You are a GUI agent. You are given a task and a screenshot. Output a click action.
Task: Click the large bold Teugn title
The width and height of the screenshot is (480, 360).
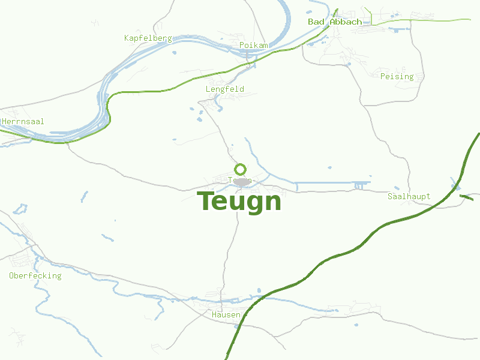pos(239,201)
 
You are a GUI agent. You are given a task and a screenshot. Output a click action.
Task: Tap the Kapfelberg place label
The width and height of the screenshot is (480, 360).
pos(148,38)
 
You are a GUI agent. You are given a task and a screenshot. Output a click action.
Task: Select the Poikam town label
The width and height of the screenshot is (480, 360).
pos(253,46)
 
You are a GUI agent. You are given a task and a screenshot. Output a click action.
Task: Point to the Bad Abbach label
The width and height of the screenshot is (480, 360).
pos(335,22)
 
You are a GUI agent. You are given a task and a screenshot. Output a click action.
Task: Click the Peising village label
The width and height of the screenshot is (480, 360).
pos(397,76)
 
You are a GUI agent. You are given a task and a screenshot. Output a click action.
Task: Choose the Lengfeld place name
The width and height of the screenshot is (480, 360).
pos(224,89)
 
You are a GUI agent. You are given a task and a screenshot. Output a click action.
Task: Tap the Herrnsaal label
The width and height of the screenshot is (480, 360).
pos(23,121)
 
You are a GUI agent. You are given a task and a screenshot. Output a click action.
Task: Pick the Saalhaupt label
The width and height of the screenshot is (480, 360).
pos(409,196)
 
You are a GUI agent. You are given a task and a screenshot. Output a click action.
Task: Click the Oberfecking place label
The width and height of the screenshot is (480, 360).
pos(35,276)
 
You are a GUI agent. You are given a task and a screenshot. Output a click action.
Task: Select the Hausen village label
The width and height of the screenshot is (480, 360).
pos(226,314)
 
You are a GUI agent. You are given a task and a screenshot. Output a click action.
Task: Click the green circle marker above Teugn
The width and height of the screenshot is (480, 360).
pos(241,169)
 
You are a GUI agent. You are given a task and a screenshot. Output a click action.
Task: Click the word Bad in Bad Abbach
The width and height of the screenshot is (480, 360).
pos(316,22)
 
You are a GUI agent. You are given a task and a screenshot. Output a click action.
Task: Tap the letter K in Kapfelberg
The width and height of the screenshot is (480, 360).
pos(127,38)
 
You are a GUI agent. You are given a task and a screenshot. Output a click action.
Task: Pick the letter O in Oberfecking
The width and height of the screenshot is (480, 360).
pos(11,276)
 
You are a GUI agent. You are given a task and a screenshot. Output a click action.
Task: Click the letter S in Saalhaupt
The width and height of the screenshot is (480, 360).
pos(390,196)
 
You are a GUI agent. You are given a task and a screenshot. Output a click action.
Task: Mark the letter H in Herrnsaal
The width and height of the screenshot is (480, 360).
pos(5,121)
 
